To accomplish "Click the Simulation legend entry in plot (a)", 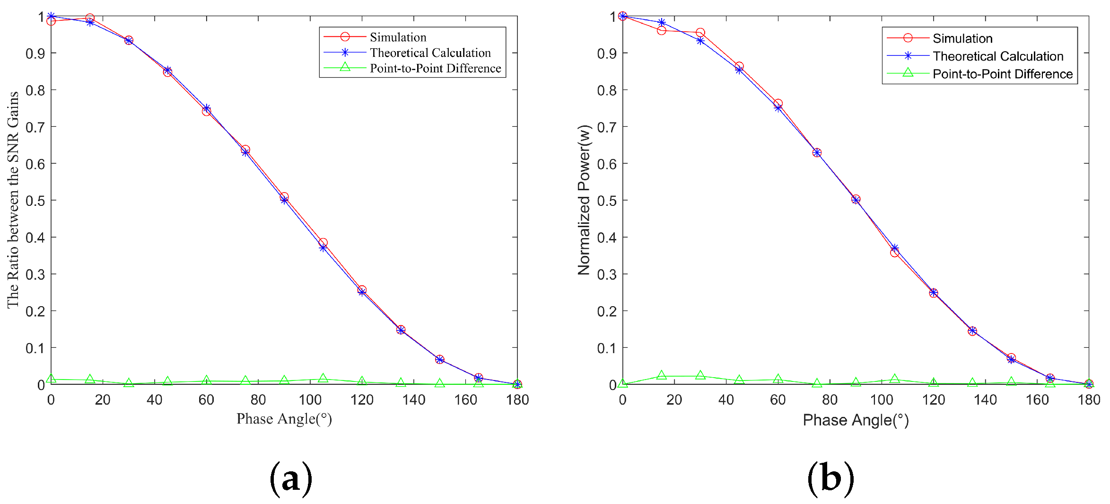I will pyautogui.click(x=398, y=37).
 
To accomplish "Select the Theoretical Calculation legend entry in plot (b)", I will pyautogui.click(x=997, y=56).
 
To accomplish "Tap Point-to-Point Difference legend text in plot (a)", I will pyautogui.click(x=435, y=68).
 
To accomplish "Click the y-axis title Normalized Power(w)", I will pyautogui.click(x=584, y=200).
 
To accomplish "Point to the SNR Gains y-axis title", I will pyautogui.click(x=13, y=200).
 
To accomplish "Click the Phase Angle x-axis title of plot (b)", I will pyautogui.click(x=856, y=420).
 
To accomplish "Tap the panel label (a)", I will pyautogui.click(x=291, y=478).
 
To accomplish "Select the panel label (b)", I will pyautogui.click(x=830, y=478).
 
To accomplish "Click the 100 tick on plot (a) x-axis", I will pyautogui.click(x=310, y=400).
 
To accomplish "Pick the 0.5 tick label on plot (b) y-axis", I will pyautogui.click(x=606, y=201).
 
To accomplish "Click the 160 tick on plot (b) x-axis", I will pyautogui.click(x=1037, y=400).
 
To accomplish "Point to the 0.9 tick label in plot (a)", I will pyautogui.click(x=35, y=53).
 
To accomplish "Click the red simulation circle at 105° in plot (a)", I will pyautogui.click(x=323, y=242).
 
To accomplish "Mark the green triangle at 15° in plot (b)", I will pyautogui.click(x=662, y=375).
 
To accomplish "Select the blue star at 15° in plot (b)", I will pyautogui.click(x=662, y=23).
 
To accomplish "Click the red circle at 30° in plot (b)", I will pyautogui.click(x=700, y=33).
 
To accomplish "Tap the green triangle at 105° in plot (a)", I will pyautogui.click(x=323, y=378).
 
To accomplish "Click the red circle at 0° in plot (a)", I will pyautogui.click(x=51, y=21).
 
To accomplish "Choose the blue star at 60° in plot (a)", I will pyautogui.click(x=207, y=108).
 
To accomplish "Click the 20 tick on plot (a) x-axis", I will pyautogui.click(x=103, y=400).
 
